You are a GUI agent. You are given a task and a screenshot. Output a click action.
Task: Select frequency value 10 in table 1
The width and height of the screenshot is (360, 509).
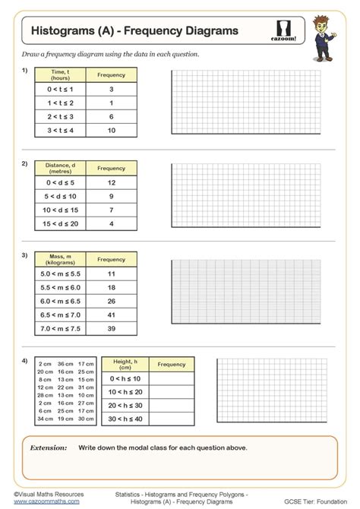click(111, 131)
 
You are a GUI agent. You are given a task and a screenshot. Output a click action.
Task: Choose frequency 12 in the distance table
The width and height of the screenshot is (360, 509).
click(111, 182)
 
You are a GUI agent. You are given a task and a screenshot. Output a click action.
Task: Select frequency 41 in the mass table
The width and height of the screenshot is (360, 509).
click(111, 314)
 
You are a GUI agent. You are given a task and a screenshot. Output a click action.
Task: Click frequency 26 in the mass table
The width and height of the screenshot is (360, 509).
click(111, 300)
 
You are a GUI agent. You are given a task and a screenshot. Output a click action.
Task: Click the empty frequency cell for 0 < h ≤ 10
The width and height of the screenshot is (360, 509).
click(172, 378)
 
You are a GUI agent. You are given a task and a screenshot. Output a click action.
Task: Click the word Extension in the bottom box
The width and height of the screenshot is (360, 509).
click(49, 448)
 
